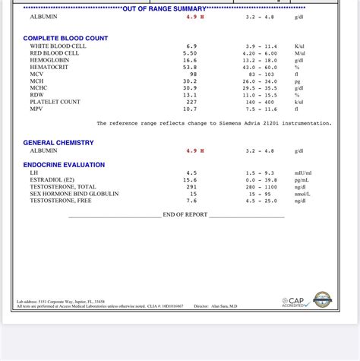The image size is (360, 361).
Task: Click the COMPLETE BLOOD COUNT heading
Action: tap(65, 38)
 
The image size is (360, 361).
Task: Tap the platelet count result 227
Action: tap(191, 102)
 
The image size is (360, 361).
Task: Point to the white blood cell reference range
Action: tap(260, 46)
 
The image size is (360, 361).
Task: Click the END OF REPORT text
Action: tap(185, 215)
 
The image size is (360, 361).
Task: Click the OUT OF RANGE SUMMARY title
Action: tap(164, 8)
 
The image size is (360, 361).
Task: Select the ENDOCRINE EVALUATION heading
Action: tap(64, 165)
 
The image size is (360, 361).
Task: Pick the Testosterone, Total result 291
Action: tap(191, 187)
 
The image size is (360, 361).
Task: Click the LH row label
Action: tap(33, 173)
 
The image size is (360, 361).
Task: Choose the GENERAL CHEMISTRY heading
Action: tap(58, 143)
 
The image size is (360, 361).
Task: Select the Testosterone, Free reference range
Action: tap(260, 201)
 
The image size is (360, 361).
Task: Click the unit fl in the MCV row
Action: tap(297, 74)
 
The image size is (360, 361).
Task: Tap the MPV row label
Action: tap(36, 109)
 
